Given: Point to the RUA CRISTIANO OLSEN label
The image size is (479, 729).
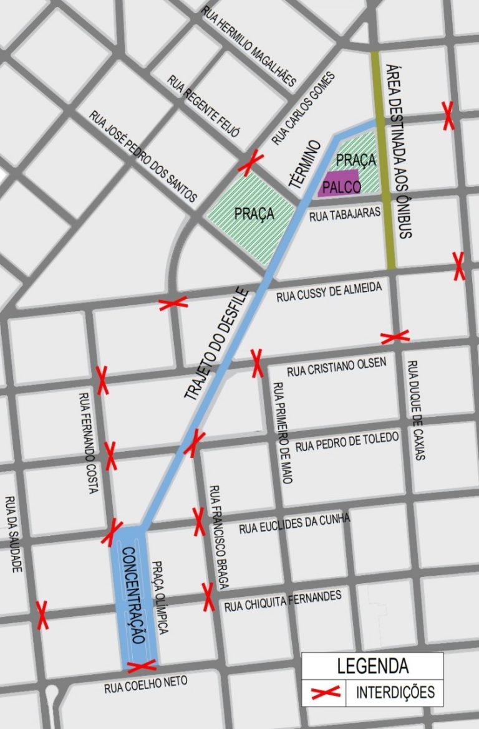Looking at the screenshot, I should pyautogui.click(x=337, y=367).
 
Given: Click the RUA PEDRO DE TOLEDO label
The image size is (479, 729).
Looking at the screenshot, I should pyautogui.click(x=347, y=442).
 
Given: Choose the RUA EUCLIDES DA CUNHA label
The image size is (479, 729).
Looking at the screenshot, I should pyautogui.click(x=295, y=524).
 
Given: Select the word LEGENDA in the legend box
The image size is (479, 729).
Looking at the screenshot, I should pyautogui.click(x=372, y=665).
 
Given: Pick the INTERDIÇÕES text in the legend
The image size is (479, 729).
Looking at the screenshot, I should pyautogui.click(x=395, y=692).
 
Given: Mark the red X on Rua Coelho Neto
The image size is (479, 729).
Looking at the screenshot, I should pyautogui.click(x=141, y=667).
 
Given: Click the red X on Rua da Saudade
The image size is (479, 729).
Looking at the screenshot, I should pyautogui.click(x=42, y=615).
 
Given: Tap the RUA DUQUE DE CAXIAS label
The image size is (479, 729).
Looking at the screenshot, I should pyautogui.click(x=415, y=410).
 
